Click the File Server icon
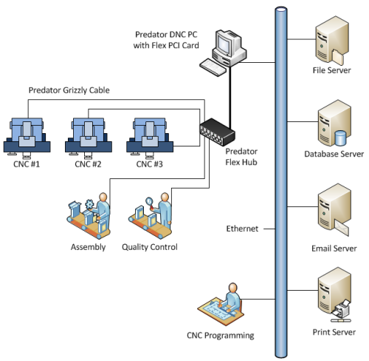332,41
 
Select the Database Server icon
334,124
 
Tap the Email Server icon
334,209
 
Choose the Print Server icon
334,294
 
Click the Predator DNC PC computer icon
223,53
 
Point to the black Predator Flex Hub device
217,132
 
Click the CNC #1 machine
27,138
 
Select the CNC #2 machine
89,138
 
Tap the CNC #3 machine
150,138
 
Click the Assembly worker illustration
89,216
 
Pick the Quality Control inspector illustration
150,216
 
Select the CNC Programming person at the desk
221,305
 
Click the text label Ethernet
242,229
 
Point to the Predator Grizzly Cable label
69,90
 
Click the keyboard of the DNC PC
213,67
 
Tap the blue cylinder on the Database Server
341,138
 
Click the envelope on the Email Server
342,228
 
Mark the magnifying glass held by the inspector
150,203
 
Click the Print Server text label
334,332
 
